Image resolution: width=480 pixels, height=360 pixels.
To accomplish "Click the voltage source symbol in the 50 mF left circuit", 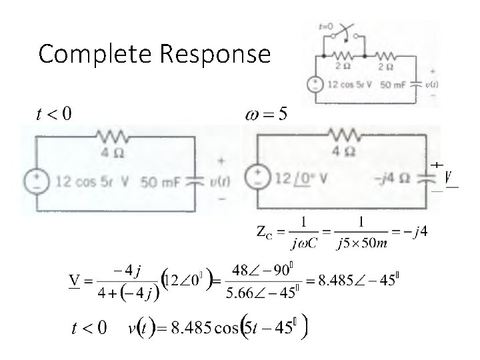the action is pos(37,181).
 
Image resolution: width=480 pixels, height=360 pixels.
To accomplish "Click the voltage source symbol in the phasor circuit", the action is pos(257,177).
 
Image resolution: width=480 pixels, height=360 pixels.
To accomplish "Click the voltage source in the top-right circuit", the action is pos(314,85).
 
